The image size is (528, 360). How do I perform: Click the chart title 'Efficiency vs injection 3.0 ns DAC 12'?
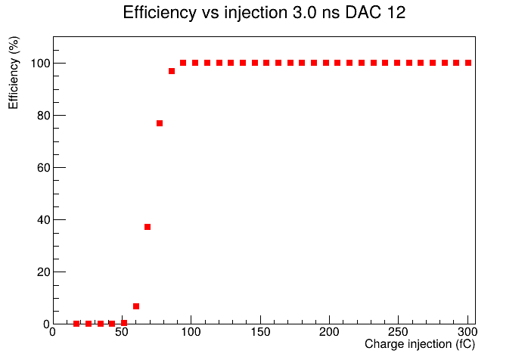point(264,13)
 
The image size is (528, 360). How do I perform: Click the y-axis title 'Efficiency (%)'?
point(14,73)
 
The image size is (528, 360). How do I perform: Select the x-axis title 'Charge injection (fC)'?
point(420,344)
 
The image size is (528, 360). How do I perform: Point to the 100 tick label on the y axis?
point(40,64)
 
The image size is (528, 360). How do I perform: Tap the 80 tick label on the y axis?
point(44,116)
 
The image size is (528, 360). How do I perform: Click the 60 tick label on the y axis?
point(44,168)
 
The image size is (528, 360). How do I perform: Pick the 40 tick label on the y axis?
point(44,220)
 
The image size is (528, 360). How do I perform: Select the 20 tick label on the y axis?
point(44,272)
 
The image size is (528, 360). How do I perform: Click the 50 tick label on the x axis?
point(122,332)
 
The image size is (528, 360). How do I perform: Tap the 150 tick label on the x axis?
point(260,332)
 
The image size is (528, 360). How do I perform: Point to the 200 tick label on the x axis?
point(329,332)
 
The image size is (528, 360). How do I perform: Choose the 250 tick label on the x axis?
point(399,332)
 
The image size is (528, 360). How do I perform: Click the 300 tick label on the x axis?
point(467,332)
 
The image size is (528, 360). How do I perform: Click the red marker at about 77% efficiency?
point(160,123)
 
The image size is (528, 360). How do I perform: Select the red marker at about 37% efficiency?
point(148,227)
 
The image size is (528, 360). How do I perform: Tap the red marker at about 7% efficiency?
point(136,306)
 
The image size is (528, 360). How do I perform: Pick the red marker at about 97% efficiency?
point(172,71)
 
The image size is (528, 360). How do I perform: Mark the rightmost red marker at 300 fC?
point(468,63)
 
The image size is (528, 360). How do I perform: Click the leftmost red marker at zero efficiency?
point(76,324)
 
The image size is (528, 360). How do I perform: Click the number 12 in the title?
point(396,13)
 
